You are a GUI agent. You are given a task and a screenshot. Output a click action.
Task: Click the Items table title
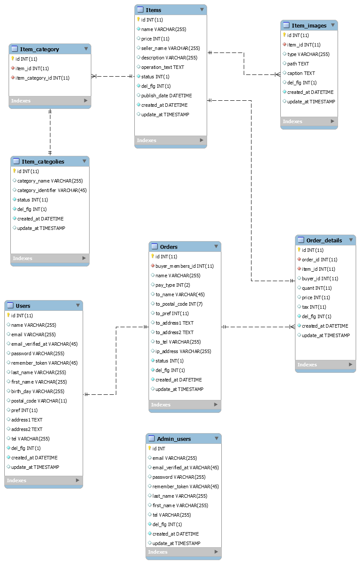coord(153,10)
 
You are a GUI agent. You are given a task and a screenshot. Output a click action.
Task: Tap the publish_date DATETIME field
coord(166,96)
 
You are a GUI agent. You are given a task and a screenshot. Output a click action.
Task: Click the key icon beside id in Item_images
coord(284,35)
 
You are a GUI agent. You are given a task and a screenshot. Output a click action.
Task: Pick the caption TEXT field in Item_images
coord(301,73)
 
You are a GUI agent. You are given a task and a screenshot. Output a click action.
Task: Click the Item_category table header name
coord(40,49)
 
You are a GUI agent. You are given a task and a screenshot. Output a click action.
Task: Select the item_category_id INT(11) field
coord(43,78)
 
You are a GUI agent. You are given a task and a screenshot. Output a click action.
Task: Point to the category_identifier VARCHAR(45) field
coord(52,190)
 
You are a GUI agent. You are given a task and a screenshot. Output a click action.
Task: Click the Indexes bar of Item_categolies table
coord(50,258)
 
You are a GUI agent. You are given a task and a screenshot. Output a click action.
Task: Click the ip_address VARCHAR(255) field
coord(183,351)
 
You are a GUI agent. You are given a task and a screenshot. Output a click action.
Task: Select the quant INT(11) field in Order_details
coord(317,288)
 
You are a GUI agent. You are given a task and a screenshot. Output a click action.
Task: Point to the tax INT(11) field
coord(314,307)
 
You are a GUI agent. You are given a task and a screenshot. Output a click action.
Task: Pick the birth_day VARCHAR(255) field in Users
coord(37,391)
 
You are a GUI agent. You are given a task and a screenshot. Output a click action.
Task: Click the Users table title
coord(23,306)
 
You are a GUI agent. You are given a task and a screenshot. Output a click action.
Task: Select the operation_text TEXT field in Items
coord(162,67)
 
